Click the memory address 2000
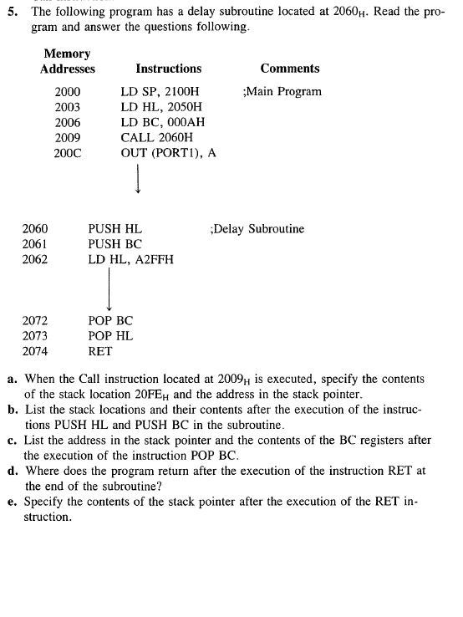click(69, 91)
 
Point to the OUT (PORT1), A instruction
click(169, 153)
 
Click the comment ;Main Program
click(282, 91)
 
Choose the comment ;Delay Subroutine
click(257, 228)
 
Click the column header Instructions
click(168, 69)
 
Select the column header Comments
click(289, 69)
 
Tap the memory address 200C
click(69, 153)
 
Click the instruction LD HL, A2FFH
click(131, 259)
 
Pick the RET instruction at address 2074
click(100, 351)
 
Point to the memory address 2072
click(35, 320)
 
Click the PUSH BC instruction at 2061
click(114, 244)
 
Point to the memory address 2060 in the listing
click(35, 228)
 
